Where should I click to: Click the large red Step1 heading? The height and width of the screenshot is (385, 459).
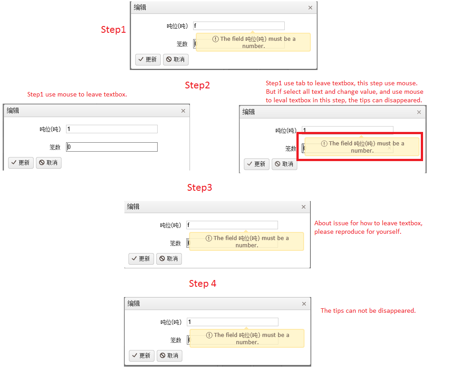(113, 30)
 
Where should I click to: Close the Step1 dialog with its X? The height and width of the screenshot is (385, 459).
(310, 8)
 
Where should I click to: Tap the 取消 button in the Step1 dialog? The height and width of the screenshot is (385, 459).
(176, 60)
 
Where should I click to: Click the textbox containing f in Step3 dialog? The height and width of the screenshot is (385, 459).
(232, 225)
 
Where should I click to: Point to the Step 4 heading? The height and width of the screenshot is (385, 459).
(203, 284)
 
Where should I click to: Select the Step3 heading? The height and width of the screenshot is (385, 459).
(200, 188)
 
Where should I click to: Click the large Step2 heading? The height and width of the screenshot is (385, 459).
(197, 85)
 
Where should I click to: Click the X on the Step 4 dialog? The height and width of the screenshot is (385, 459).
(304, 304)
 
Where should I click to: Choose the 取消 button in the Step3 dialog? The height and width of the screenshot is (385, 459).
(169, 259)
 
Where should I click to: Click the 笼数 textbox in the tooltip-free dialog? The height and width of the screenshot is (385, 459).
(112, 147)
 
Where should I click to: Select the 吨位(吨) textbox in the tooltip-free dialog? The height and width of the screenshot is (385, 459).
(112, 129)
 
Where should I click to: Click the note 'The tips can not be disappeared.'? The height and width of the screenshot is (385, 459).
(368, 311)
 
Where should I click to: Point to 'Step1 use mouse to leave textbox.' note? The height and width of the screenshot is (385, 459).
(77, 95)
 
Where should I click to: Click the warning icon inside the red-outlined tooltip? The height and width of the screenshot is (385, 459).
(324, 144)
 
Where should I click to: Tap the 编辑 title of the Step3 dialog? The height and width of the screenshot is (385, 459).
(133, 207)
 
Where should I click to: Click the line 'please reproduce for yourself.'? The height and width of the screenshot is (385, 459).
(357, 232)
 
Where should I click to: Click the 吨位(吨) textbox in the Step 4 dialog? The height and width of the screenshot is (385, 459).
(233, 322)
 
